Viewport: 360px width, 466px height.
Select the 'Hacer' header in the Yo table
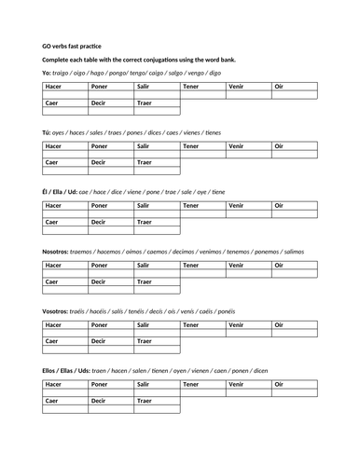pyautogui.click(x=54, y=86)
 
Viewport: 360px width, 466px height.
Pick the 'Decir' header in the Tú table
pyautogui.click(x=99, y=162)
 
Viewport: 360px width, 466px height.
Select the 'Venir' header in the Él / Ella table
pyautogui.click(x=237, y=204)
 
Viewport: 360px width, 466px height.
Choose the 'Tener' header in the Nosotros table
pyautogui.click(x=192, y=266)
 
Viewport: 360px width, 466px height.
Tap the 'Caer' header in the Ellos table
pyautogui.click(x=53, y=401)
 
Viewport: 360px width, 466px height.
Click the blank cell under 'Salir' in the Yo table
pyautogui.click(x=156, y=95)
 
